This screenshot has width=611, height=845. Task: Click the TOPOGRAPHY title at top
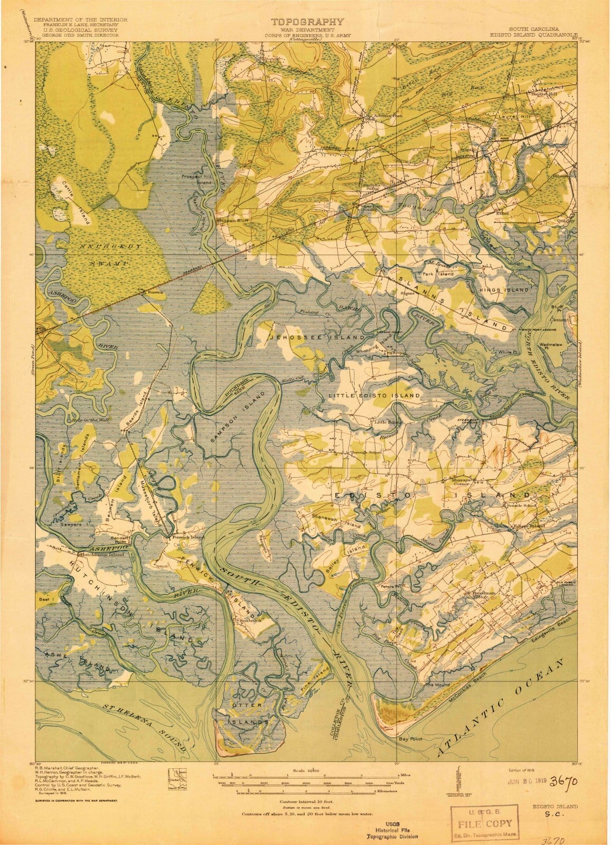coord(307,22)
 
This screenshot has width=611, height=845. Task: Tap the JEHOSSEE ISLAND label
coord(316,337)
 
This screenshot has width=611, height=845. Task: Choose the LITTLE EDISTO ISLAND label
coord(374,395)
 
